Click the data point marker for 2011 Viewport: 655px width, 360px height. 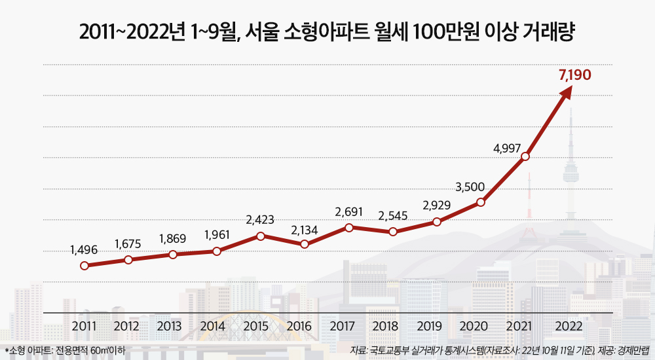[84, 266]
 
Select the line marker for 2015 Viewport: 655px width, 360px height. [261, 236]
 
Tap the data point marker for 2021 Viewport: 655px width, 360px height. [525, 156]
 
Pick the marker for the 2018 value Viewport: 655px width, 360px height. [393, 232]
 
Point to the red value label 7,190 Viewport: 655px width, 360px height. [574, 75]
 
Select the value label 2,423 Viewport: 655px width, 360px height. [260, 220]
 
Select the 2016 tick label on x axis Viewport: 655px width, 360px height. [299, 326]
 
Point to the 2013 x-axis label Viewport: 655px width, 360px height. [170, 326]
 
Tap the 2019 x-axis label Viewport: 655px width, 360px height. [429, 326]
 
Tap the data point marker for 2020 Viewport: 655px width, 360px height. [481, 202]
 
